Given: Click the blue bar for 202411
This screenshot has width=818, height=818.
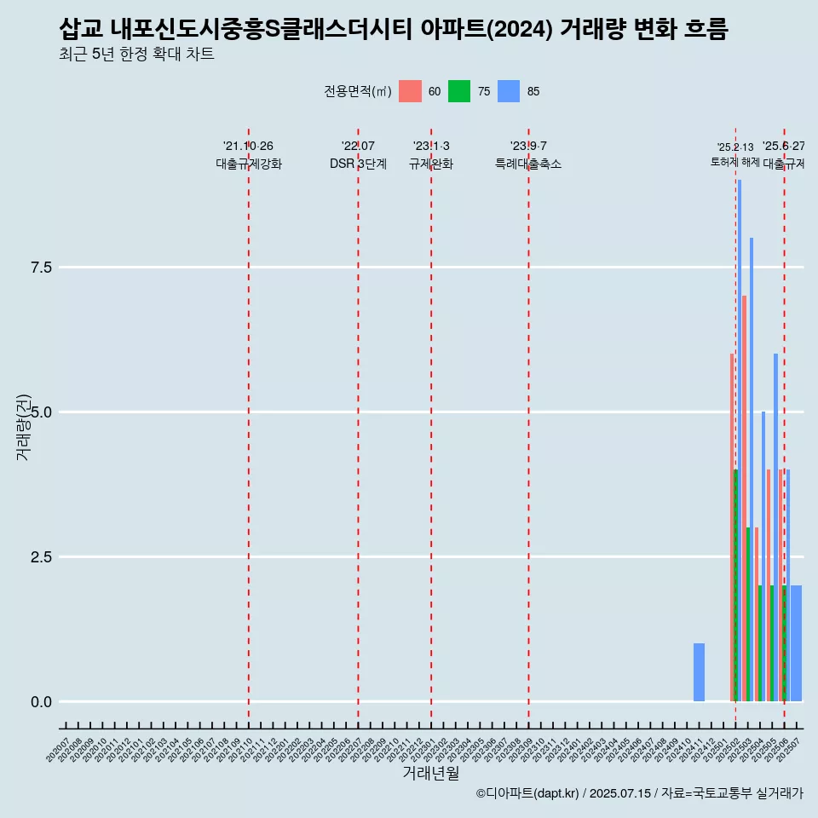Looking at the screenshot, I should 699,672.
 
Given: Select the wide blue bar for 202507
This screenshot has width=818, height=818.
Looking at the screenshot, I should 796,643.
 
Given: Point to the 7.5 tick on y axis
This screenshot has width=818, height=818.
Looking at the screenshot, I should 42,268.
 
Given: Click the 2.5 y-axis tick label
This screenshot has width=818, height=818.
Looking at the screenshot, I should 42,557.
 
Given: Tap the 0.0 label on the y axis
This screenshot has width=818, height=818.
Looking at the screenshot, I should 42,702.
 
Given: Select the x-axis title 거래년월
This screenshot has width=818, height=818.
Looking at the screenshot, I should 431,774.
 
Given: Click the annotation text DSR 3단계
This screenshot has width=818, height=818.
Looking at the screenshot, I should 358,164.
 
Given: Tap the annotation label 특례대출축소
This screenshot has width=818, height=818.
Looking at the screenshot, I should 528,164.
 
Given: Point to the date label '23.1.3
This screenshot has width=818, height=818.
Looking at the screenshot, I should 431,147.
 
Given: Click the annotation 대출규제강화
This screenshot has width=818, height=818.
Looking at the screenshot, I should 248,164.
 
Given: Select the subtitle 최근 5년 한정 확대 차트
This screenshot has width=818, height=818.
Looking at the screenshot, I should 136,55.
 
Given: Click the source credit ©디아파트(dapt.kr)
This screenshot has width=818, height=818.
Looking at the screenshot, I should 527,793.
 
